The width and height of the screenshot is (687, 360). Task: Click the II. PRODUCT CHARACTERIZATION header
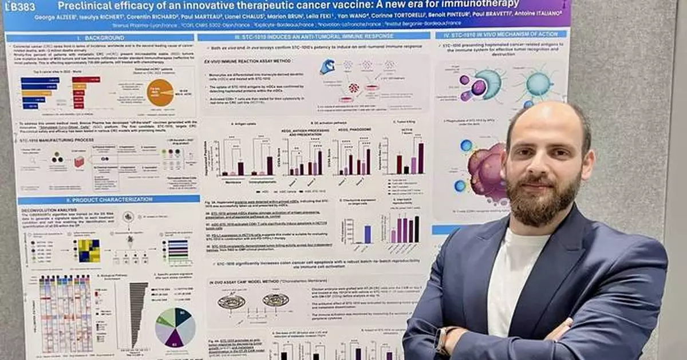pos(101,200)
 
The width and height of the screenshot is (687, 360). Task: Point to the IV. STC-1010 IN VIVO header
pos(501,35)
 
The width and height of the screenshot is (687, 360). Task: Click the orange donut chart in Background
pos(160,93)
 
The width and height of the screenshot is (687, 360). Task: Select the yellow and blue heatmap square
pos(89,250)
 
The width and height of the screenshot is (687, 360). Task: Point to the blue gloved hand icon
pos(327,66)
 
